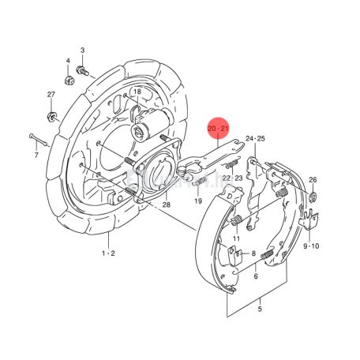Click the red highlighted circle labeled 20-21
[x=218, y=128]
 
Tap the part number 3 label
[x=82, y=50]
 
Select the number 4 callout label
[x=68, y=61]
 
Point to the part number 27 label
[x=51, y=94]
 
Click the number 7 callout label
[x=36, y=155]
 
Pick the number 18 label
[x=137, y=92]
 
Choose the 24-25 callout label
[x=255, y=138]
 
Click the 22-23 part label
[x=233, y=178]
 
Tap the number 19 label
[x=198, y=201]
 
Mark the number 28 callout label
[x=167, y=204]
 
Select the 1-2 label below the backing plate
[x=108, y=253]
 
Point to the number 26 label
[x=313, y=180]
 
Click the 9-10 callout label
[x=311, y=246]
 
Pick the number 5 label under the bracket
[x=260, y=309]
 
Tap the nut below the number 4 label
[x=69, y=80]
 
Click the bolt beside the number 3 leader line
[x=82, y=71]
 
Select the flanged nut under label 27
[x=51, y=116]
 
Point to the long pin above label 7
[x=38, y=140]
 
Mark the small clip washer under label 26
[x=313, y=197]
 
